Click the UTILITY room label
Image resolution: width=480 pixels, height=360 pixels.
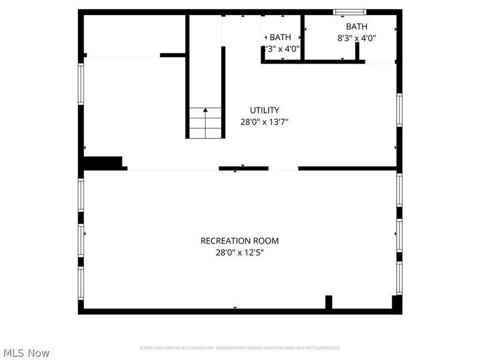tap(264, 110)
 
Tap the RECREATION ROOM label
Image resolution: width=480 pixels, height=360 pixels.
tap(239, 241)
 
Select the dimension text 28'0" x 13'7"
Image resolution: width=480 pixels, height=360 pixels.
tap(264, 121)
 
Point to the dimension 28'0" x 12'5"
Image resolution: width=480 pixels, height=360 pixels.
tap(239, 253)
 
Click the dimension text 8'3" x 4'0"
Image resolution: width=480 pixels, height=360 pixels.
tap(356, 37)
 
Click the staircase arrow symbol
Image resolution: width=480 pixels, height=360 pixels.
tap(205, 111)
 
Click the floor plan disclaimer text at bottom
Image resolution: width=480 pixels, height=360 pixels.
tap(239, 348)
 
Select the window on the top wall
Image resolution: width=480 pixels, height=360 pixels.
tap(350, 11)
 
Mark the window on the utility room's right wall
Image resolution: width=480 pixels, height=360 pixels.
tap(399, 110)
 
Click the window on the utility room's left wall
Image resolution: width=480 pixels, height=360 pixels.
tap(80, 84)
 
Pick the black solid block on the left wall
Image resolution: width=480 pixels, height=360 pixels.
tap(103, 163)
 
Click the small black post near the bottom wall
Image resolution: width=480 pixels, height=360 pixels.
tap(328, 302)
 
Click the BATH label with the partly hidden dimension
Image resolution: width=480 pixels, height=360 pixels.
tap(280, 37)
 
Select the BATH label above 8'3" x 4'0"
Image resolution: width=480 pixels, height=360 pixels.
tap(356, 26)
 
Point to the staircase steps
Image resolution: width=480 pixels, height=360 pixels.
tap(205, 122)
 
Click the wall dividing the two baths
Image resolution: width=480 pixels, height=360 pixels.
tap(302, 37)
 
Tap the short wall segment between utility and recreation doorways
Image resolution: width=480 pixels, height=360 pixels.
tap(243, 169)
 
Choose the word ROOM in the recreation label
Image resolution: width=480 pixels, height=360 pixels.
tap(267, 241)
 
